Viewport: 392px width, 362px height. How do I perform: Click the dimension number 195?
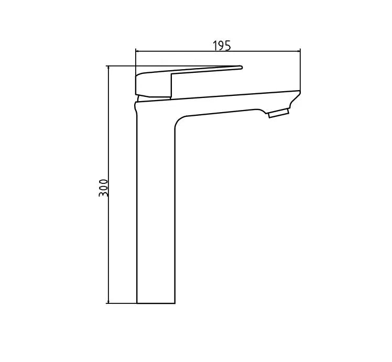click(x=221, y=46)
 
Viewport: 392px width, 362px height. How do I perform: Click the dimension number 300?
click(x=104, y=188)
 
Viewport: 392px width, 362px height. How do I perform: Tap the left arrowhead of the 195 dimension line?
click(x=138, y=51)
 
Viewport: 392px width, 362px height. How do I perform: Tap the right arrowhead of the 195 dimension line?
click(x=298, y=51)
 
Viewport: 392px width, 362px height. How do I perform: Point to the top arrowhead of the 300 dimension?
click(x=107, y=68)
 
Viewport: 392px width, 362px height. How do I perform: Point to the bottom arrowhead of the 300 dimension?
click(x=107, y=301)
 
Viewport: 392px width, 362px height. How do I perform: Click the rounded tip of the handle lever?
click(x=241, y=67)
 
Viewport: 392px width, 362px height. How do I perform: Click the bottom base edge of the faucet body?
click(x=156, y=303)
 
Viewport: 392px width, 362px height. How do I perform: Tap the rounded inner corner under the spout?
click(x=178, y=121)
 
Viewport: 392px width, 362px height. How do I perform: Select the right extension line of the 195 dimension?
click(x=300, y=71)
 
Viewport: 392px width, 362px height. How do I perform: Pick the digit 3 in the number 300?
click(x=104, y=193)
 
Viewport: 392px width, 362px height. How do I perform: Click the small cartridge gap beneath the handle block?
click(x=140, y=98)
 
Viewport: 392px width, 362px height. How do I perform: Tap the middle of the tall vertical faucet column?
click(x=156, y=210)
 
